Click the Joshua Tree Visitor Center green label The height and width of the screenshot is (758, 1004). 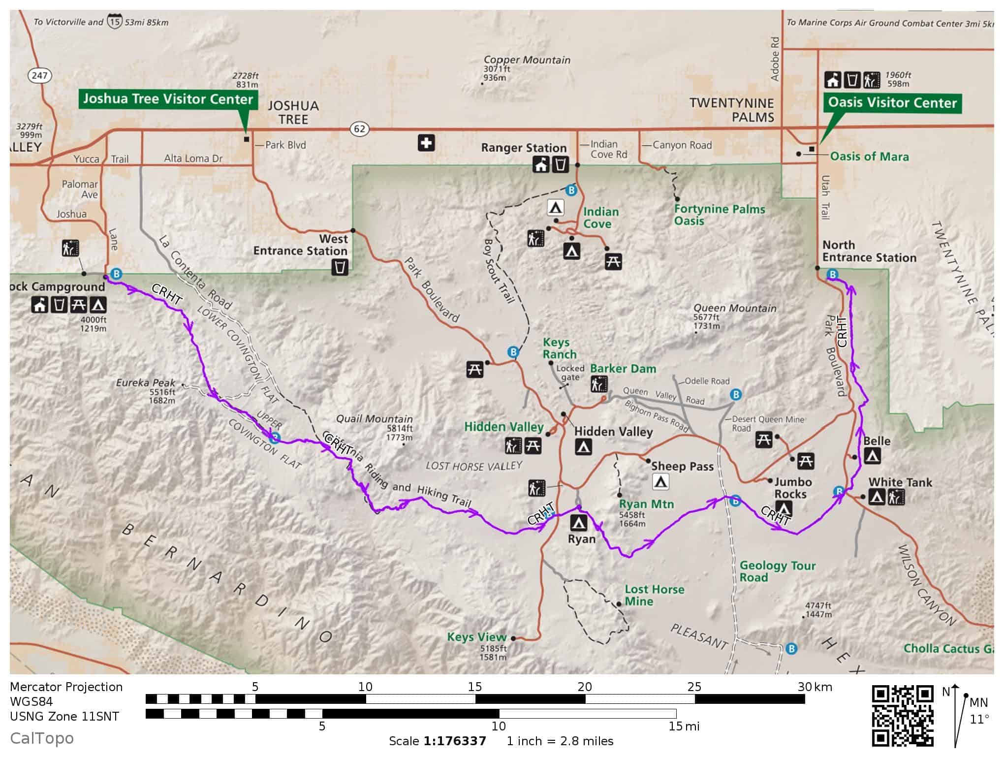168,99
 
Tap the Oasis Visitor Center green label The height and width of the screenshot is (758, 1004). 892,103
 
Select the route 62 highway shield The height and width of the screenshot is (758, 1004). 360,129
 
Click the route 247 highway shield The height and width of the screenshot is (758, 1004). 39,75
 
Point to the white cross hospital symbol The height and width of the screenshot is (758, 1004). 426,143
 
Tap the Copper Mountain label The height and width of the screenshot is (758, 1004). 527,60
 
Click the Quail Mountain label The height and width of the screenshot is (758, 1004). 374,419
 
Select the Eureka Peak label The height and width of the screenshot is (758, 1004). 146,383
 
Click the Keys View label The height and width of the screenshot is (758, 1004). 476,637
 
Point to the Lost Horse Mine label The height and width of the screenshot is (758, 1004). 654,596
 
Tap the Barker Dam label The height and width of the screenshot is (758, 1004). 623,369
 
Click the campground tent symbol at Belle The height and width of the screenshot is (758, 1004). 872,456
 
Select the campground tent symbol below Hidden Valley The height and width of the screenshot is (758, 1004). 583,447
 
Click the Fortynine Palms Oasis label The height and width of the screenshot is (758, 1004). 719,215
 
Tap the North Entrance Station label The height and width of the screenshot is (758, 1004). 869,252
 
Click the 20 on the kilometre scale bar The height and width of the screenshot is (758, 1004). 584,687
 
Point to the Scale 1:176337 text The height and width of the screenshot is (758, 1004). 438,741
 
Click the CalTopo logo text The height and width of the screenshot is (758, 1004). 42,738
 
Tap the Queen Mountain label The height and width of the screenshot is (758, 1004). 734,308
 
